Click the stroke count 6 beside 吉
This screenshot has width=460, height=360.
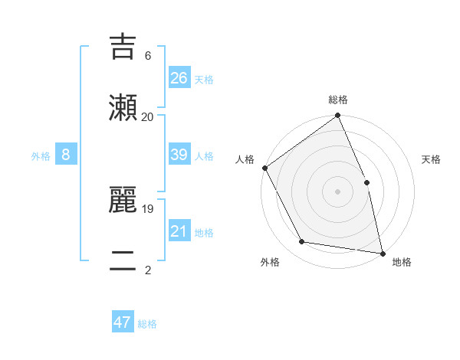coord(147,56)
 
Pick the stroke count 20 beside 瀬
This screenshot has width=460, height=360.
coord(147,116)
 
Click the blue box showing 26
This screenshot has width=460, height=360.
coord(179,77)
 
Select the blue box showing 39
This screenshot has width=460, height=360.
coord(179,155)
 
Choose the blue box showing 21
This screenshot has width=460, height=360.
coord(179,231)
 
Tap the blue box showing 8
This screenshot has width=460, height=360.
coord(66,155)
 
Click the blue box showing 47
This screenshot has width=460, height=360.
coord(123,322)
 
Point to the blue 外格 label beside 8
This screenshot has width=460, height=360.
coord(41,156)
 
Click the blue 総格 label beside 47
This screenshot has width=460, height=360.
coord(147,324)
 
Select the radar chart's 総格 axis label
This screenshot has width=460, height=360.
coord(338,100)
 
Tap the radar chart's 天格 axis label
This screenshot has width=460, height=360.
coord(431,159)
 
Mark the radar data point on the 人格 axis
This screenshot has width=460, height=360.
coord(265,168)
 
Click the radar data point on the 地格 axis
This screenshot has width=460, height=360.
coord(383,253)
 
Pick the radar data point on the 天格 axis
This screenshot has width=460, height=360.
coord(366,182)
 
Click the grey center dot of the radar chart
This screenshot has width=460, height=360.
coord(338,191)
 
